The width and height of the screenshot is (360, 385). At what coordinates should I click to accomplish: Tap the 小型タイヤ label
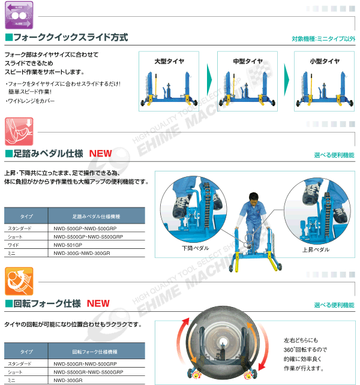(x=324, y=61)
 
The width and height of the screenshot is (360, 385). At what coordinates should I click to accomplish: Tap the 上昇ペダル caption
(x=314, y=248)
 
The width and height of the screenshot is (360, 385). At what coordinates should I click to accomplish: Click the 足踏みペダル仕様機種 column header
(x=96, y=216)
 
